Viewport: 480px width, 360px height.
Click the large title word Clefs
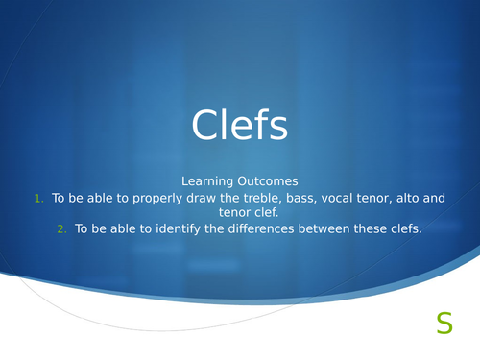240,125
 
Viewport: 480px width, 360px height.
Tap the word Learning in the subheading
205,180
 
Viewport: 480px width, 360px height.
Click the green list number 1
38,199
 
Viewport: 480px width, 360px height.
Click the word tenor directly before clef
219,214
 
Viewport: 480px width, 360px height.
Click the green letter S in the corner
444,324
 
